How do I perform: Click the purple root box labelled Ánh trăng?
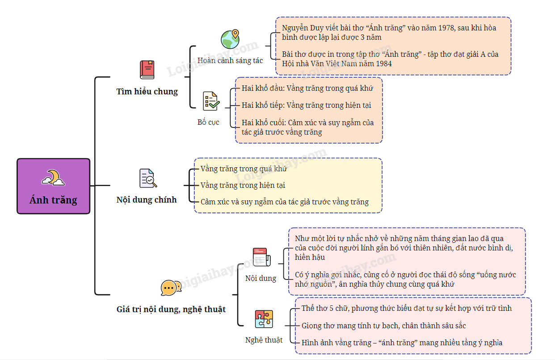[x=53, y=186]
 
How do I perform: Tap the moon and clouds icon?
[x=53, y=178]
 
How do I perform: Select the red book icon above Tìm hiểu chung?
[x=147, y=70]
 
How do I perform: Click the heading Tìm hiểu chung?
[x=147, y=92]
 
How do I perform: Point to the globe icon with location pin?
[x=230, y=39]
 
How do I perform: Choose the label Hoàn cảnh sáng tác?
[x=230, y=60]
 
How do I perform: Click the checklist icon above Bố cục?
[x=211, y=101]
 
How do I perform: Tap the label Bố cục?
[x=208, y=122]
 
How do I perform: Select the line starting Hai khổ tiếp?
[x=306, y=106]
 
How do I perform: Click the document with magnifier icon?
[x=148, y=178]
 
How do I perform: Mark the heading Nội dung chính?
[x=147, y=200]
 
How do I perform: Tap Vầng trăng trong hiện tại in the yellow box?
[x=243, y=185]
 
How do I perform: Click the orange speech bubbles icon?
[x=171, y=288]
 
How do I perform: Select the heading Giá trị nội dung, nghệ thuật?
[x=171, y=309]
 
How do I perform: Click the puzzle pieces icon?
[x=264, y=319]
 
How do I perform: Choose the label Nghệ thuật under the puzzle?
[x=264, y=340]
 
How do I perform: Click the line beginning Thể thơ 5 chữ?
[x=406, y=308]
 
